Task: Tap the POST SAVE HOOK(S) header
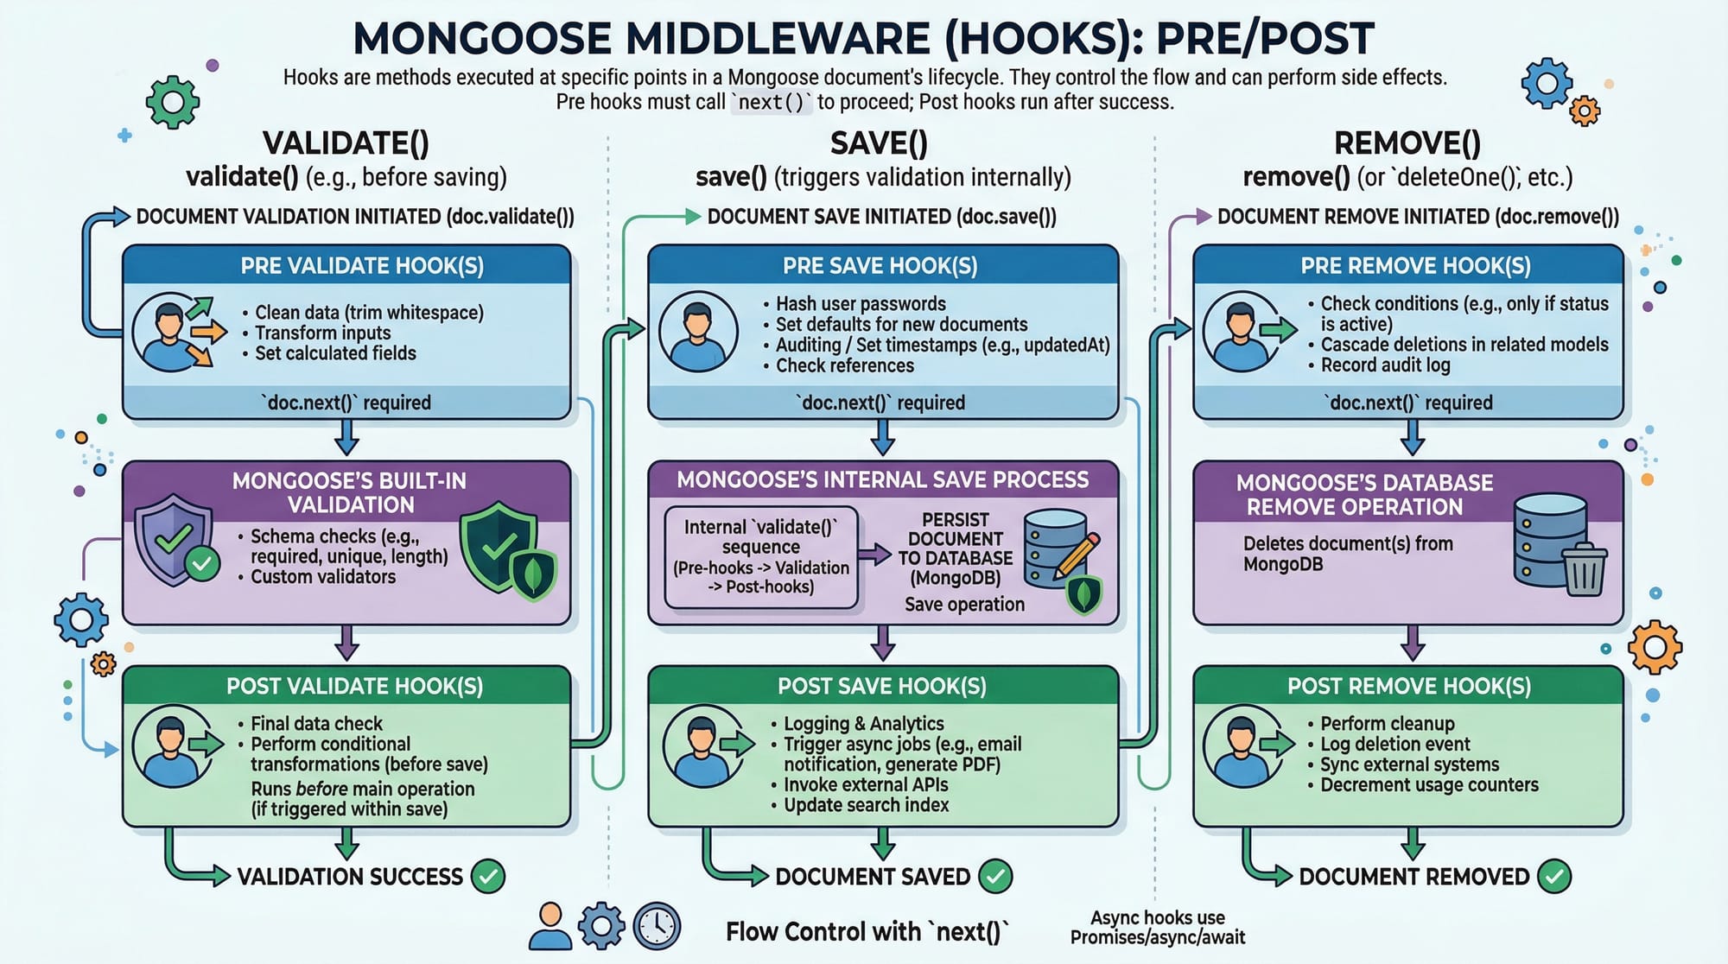point(881,686)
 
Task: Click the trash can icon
point(1583,570)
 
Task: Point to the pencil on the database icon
point(1077,554)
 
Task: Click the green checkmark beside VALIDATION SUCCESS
point(488,877)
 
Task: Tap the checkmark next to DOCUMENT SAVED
point(995,877)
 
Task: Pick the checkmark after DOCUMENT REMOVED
point(1554,877)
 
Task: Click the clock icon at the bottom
point(657,927)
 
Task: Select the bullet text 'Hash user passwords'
point(861,304)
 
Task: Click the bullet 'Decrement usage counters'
point(1429,785)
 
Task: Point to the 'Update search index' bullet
point(866,805)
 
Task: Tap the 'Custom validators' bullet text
point(323,577)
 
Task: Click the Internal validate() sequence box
point(760,557)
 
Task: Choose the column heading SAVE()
point(879,143)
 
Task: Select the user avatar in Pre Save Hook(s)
point(698,332)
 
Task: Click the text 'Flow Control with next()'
point(867,932)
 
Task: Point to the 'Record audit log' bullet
point(1385,365)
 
